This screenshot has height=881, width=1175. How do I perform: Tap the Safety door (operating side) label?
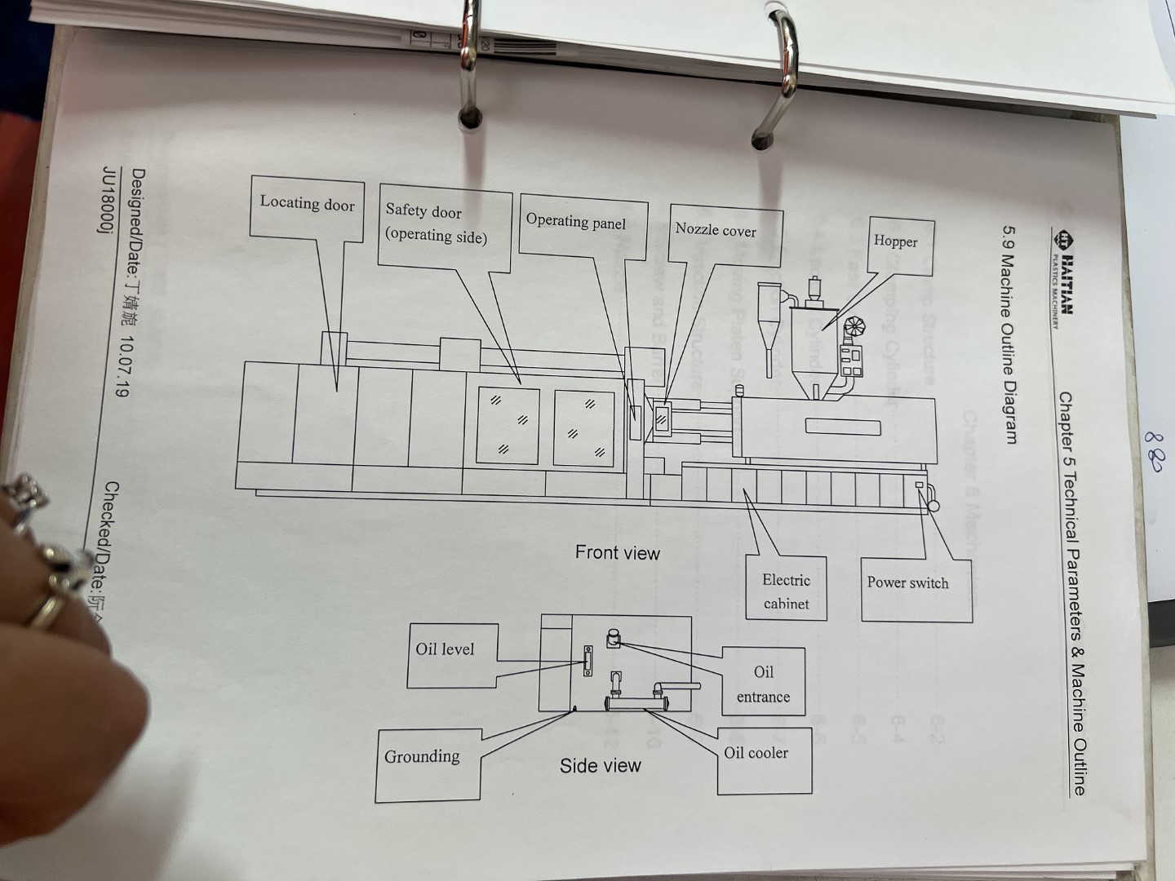(x=436, y=224)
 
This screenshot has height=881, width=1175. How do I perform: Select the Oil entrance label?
(x=763, y=684)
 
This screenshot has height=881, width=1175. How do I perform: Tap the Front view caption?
(x=618, y=553)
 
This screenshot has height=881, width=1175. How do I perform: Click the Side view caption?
(x=601, y=766)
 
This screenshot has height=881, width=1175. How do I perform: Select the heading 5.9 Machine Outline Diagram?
(x=1010, y=334)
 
